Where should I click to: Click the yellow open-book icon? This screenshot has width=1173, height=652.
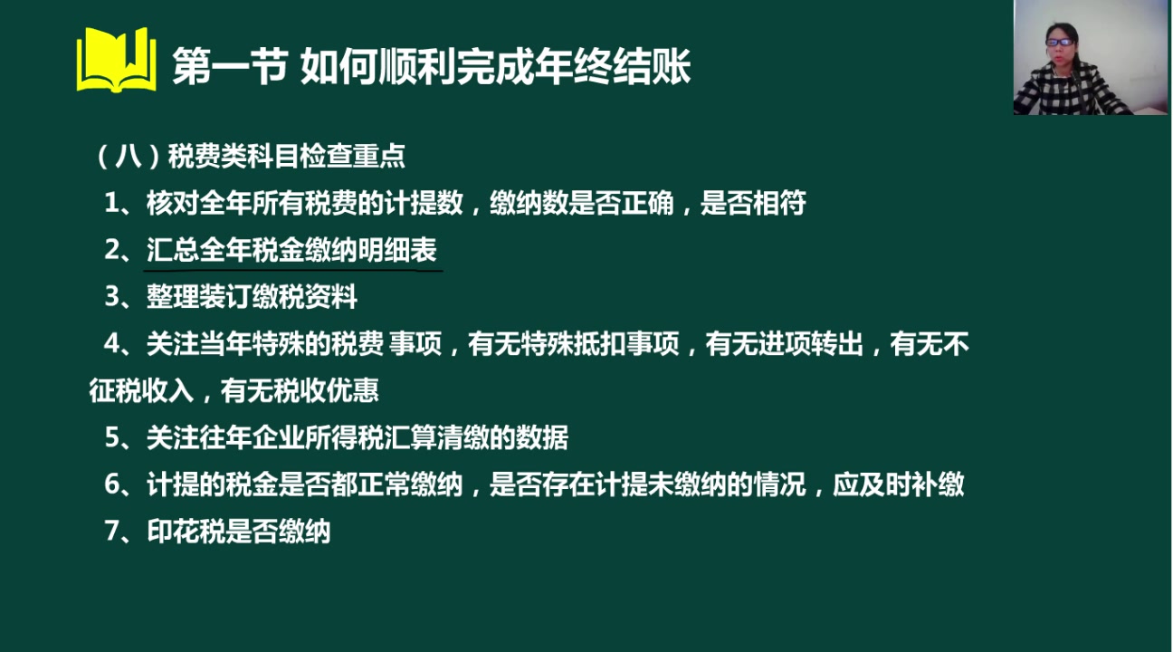[116, 60]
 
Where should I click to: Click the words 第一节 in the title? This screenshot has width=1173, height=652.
[230, 66]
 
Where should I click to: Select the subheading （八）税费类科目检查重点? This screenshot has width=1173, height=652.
[250, 156]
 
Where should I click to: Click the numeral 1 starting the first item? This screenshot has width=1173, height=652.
[111, 203]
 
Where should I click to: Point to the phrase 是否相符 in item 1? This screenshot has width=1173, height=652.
[753, 203]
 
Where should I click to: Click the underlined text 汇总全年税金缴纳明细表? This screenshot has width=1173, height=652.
[291, 250]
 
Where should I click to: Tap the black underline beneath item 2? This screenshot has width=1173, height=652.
[293, 271]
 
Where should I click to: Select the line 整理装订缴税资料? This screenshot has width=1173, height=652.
[252, 297]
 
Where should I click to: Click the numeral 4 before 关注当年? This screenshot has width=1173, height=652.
[112, 344]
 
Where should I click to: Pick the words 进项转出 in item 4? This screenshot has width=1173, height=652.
[811, 344]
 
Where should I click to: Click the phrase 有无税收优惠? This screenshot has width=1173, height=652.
[300, 391]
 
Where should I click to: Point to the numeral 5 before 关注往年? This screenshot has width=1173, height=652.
[112, 437]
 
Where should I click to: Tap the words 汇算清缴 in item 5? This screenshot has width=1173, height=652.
[437, 437]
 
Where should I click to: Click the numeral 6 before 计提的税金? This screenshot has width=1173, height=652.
[112, 484]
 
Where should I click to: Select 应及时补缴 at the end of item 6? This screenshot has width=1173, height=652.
[899, 484]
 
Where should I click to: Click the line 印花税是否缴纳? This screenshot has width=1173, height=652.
[239, 532]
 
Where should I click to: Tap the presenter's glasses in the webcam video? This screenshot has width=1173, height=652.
[1059, 43]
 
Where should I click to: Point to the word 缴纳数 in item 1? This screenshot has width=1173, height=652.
[529, 203]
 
